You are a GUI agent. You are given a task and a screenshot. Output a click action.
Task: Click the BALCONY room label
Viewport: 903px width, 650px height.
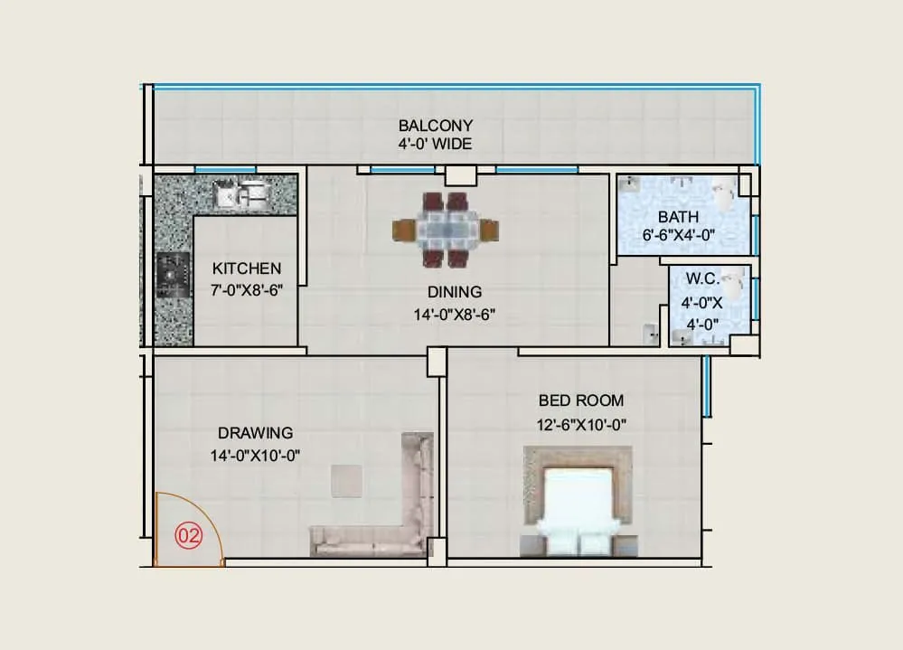[x=435, y=126]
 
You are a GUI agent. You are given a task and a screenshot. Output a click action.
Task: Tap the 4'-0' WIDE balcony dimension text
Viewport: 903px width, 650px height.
[x=435, y=144]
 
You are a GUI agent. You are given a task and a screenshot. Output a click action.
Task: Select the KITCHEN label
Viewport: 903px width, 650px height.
[x=246, y=268]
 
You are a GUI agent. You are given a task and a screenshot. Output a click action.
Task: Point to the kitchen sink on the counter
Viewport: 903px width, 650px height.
[x=241, y=193]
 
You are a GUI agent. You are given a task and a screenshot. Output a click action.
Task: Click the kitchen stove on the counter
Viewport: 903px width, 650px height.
[x=172, y=276]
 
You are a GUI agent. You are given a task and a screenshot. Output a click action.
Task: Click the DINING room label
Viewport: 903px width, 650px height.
[x=455, y=292]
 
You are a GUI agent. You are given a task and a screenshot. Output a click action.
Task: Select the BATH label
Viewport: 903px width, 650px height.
[x=678, y=217]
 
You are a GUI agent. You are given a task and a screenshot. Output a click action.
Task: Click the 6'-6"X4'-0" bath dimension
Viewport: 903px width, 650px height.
[x=678, y=234]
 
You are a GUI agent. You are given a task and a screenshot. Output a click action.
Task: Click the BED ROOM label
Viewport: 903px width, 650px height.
[x=580, y=400]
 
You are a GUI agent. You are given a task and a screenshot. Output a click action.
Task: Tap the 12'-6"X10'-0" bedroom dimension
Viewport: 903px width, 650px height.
[x=580, y=424]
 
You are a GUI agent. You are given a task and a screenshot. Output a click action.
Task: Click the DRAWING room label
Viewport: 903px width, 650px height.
[x=255, y=433]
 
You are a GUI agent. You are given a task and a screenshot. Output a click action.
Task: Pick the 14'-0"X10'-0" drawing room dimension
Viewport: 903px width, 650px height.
[x=255, y=456]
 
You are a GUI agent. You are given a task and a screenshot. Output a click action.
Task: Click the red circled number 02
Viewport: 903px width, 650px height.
[x=187, y=535]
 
